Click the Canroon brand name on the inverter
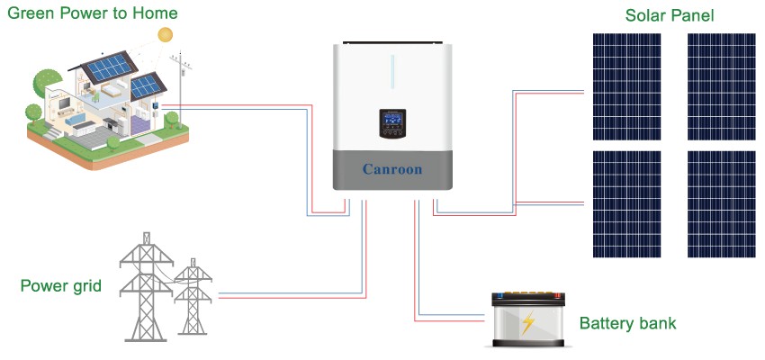click(x=391, y=169)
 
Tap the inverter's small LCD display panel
click(x=392, y=123)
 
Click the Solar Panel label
click(x=670, y=15)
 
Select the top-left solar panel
click(x=626, y=86)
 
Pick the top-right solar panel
click(x=722, y=86)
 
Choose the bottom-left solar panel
click(x=626, y=203)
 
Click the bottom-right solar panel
click(x=722, y=203)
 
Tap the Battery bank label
click(x=627, y=323)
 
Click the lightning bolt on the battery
click(x=528, y=322)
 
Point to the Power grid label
click(x=60, y=286)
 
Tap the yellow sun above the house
click(x=165, y=34)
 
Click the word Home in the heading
click(x=156, y=13)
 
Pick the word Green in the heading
click(x=28, y=13)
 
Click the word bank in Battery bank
click(x=657, y=323)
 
